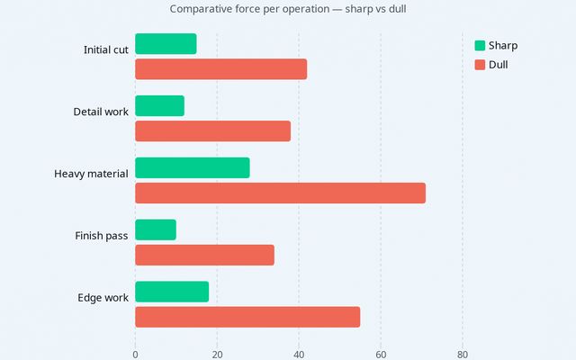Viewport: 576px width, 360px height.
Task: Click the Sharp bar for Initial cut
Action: point(166,43)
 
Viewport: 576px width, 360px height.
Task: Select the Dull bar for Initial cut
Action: point(220,68)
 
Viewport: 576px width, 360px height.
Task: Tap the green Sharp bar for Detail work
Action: point(159,105)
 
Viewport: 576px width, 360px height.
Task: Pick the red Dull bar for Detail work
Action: point(212,130)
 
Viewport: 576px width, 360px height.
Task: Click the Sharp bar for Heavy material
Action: point(192,167)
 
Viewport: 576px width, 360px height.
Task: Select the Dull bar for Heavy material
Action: point(280,193)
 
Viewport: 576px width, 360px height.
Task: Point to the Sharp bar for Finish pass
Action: point(156,229)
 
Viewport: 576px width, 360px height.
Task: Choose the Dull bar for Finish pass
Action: point(204,255)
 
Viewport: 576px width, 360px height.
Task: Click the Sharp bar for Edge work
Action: point(172,292)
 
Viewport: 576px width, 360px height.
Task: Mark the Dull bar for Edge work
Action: point(247,317)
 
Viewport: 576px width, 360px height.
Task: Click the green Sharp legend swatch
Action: point(480,46)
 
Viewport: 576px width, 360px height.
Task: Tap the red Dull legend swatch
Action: point(480,65)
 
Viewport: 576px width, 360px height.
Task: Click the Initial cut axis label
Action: point(105,49)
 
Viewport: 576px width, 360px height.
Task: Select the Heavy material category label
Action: point(91,174)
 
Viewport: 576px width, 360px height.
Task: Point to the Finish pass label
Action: point(101,236)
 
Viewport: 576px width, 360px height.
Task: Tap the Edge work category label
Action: point(103,298)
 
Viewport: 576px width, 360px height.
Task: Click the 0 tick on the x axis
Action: point(135,354)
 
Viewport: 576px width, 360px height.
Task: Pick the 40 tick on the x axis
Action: point(299,354)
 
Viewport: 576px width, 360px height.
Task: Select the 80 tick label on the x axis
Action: point(463,354)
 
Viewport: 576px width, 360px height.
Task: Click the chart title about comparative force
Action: point(293,9)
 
